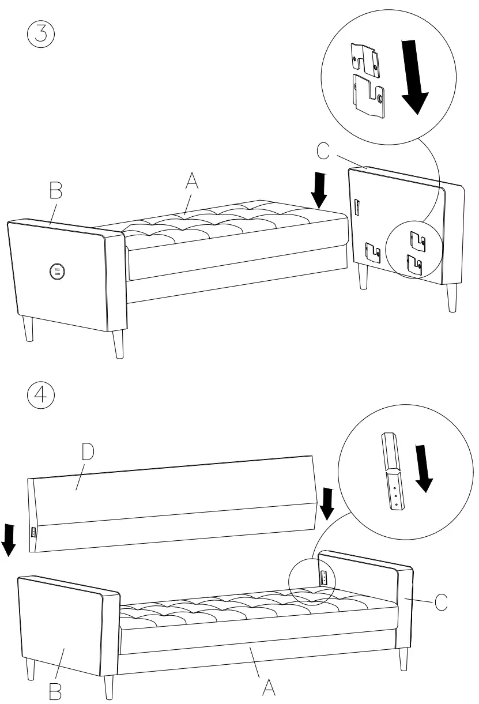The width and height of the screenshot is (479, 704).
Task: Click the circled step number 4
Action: [41, 396]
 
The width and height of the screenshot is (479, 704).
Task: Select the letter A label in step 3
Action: [192, 182]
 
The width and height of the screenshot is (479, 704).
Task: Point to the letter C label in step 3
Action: [323, 151]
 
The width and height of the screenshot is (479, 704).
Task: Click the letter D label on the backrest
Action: [87, 453]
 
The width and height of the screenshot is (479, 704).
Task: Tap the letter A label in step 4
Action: [268, 686]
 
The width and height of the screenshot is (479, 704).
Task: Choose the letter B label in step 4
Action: [56, 691]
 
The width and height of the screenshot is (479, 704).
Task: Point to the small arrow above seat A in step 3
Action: [320, 191]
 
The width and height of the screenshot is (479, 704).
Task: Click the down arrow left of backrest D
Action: [9, 540]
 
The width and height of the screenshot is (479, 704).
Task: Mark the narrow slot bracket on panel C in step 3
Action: [357, 208]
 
